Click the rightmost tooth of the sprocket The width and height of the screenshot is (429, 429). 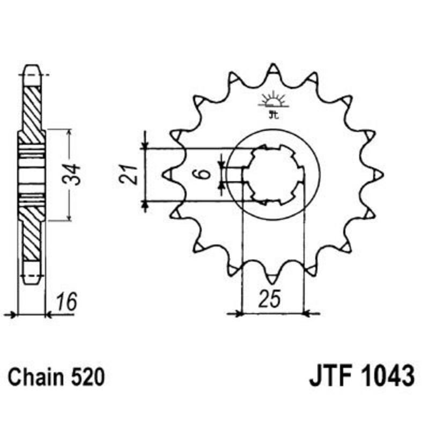tap(378, 173)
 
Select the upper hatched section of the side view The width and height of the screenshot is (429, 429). tap(32, 107)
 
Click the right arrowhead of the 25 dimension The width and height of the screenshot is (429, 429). tap(309, 313)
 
